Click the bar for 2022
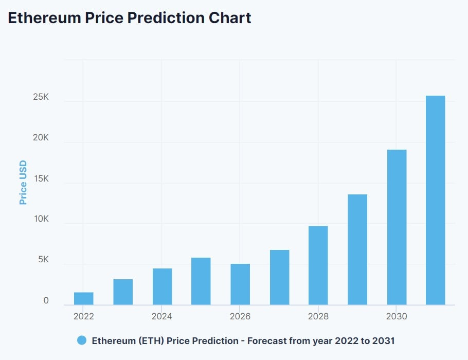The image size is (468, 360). click(x=84, y=299)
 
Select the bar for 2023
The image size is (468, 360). click(x=123, y=292)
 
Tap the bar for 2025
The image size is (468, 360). click(x=201, y=281)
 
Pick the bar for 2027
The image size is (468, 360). click(x=279, y=278)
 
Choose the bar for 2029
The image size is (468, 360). click(x=357, y=249)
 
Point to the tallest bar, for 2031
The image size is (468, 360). click(x=436, y=201)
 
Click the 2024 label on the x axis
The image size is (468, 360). click(x=162, y=316)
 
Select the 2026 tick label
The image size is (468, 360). click(x=240, y=316)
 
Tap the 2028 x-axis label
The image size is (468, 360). click(x=318, y=316)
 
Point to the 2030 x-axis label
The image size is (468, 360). click(x=397, y=316)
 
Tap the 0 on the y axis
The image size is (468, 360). click(x=46, y=300)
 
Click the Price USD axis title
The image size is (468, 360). click(x=23, y=183)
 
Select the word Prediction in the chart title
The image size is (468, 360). click(x=165, y=18)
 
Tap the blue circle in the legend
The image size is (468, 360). click(x=82, y=340)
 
